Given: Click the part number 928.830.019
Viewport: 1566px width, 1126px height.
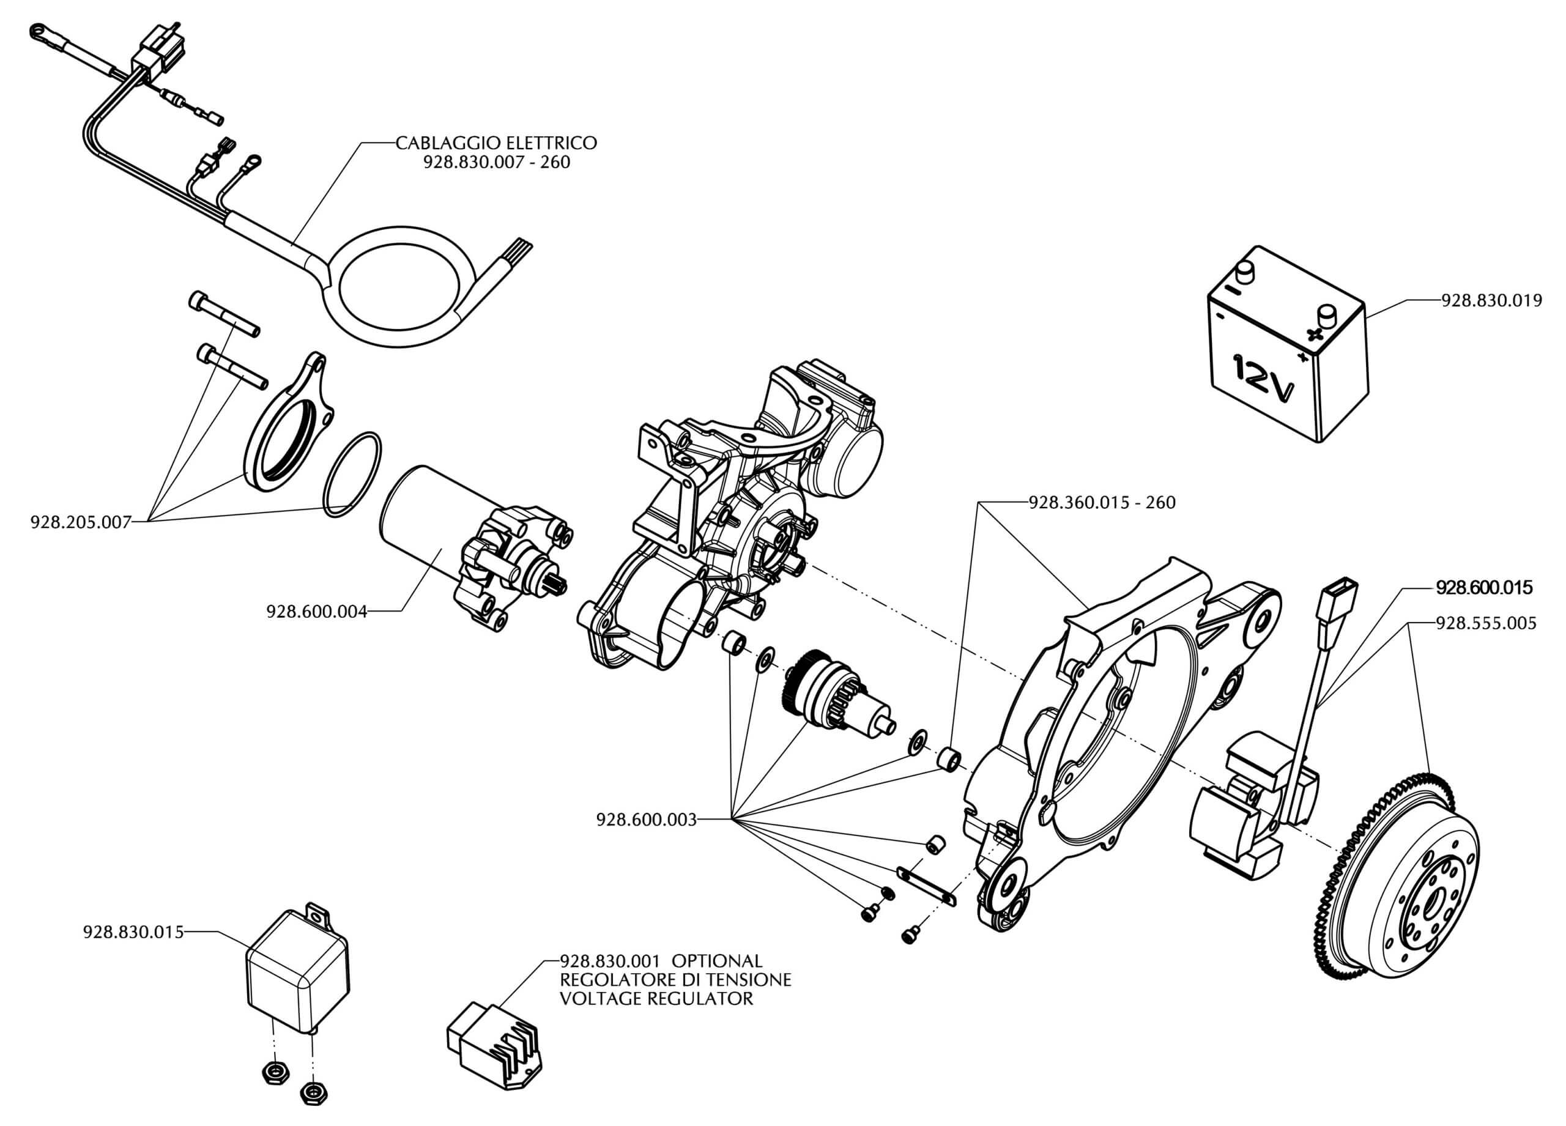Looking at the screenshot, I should pyautogui.click(x=1491, y=301).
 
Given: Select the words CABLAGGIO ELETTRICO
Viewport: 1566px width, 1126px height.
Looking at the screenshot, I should pyautogui.click(x=495, y=143).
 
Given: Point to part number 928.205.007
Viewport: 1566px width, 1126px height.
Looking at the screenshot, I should pyautogui.click(x=80, y=522).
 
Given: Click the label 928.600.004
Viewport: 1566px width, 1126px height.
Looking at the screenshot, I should pyautogui.click(x=316, y=611).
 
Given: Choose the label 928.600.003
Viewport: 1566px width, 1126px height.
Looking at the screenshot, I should pyautogui.click(x=647, y=820).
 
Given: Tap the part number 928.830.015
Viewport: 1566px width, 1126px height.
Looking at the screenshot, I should pyautogui.click(x=133, y=932).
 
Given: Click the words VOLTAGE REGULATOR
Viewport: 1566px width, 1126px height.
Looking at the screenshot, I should pyautogui.click(x=656, y=998).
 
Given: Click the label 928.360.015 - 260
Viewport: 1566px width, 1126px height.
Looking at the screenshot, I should pyautogui.click(x=1102, y=503).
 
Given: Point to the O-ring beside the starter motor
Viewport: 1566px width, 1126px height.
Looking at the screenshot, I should pyautogui.click(x=352, y=475).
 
